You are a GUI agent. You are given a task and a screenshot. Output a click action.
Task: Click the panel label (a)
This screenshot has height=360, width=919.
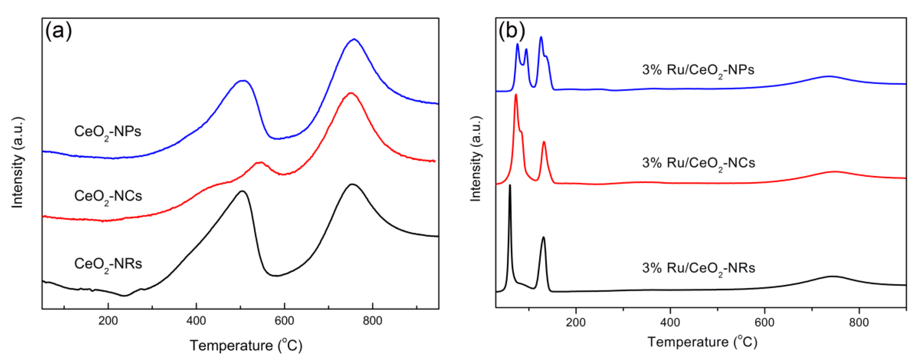[58, 31]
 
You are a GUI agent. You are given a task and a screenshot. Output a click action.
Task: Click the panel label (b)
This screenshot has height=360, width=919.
[511, 31]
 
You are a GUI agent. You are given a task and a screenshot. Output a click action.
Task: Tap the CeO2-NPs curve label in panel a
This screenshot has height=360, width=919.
[107, 132]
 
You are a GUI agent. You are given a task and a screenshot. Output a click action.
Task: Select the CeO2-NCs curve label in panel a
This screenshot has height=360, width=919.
[108, 197]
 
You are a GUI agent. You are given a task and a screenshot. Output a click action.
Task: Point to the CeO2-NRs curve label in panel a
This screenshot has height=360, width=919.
[108, 264]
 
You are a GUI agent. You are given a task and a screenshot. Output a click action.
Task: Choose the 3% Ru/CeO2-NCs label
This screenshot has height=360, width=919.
[698, 163]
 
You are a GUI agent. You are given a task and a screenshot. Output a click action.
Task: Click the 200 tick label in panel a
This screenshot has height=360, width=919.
[108, 321]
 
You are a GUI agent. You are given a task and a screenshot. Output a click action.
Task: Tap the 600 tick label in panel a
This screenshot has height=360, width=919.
[284, 321]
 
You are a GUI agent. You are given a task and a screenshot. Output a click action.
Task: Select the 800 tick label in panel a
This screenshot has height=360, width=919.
[372, 321]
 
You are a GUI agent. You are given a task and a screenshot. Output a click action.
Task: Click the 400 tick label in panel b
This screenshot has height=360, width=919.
[670, 322]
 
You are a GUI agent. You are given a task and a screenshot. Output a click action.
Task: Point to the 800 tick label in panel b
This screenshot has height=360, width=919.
[859, 322]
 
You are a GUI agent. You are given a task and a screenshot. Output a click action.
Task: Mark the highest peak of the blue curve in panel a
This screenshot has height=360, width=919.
[354, 39]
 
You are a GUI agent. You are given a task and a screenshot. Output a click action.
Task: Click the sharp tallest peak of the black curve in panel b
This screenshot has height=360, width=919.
[510, 185]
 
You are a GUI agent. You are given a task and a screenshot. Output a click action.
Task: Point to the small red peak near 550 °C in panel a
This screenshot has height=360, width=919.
[260, 162]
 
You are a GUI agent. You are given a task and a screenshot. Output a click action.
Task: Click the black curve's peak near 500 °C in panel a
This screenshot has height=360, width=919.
[243, 191]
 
